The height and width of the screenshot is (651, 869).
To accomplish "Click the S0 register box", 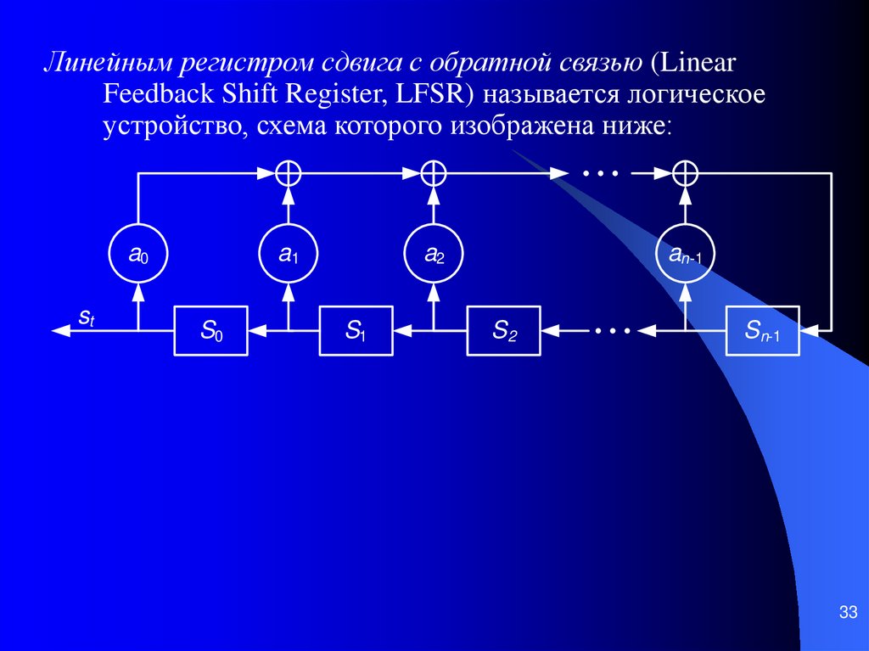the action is click(210, 329).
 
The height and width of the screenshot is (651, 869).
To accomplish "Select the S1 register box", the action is click(356, 329).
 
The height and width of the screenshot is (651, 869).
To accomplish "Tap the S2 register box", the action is click(504, 329).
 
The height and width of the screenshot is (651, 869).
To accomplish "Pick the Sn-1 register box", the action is click(763, 329).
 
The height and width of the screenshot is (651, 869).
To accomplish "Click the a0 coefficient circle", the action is click(138, 253).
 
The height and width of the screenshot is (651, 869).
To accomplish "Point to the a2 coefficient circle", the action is click(434, 253).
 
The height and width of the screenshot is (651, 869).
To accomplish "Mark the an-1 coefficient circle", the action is click(685, 253).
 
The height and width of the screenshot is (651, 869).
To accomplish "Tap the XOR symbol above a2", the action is click(434, 173).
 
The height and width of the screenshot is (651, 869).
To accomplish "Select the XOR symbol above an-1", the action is click(685, 173).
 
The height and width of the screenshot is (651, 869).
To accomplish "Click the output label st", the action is click(87, 317).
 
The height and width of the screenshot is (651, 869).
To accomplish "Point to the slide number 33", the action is click(846, 613).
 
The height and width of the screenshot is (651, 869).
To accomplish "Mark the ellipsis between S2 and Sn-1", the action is click(613, 329).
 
